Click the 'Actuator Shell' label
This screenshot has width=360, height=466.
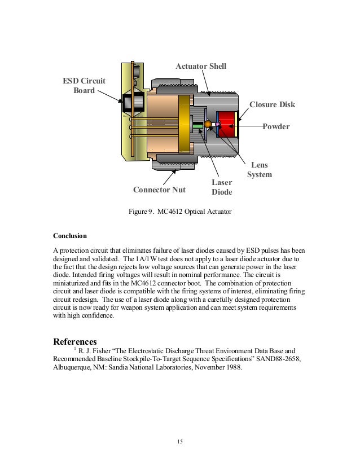[201, 67]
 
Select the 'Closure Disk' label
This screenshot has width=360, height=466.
[272, 105]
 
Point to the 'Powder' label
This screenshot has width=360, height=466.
[276, 126]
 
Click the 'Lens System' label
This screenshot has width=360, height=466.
[260, 170]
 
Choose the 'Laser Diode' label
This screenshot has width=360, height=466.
[222, 187]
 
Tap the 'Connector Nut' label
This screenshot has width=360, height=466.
[159, 189]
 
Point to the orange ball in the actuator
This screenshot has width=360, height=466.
[208, 124]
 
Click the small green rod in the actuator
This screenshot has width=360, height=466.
[197, 125]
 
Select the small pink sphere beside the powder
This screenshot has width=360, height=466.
[218, 124]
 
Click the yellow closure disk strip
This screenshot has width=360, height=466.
[238, 125]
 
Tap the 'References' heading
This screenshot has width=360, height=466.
[75, 341]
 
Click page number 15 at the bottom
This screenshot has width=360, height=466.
[179, 441]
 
